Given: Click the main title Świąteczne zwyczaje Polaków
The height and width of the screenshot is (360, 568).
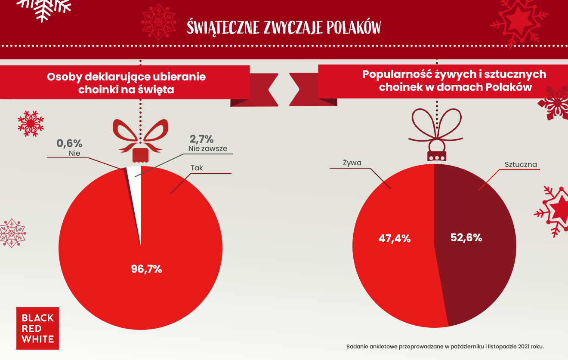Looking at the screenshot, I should [x=284, y=27].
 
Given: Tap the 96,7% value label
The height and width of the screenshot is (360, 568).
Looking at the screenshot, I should [x=146, y=269].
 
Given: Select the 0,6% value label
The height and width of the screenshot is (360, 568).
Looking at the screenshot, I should [x=69, y=143].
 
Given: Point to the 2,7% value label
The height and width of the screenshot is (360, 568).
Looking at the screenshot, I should [x=202, y=139].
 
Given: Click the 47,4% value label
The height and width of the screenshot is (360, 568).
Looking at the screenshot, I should [x=394, y=238].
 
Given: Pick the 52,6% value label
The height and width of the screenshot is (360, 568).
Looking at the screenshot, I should [x=466, y=237].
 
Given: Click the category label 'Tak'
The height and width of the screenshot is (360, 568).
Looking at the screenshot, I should [x=197, y=168].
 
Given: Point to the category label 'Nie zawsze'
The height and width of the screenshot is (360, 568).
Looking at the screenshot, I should [x=208, y=149].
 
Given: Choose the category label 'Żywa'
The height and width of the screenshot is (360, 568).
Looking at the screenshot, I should [x=352, y=163].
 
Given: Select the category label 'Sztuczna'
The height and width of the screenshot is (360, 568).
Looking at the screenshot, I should [x=521, y=164].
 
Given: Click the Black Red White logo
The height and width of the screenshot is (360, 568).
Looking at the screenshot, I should [x=37, y=328].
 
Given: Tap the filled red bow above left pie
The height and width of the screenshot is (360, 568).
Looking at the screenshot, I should [x=140, y=137].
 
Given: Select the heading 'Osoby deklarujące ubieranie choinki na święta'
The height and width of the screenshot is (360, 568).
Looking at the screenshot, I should [x=126, y=83].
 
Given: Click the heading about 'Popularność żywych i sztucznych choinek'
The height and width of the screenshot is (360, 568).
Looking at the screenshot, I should [x=454, y=80].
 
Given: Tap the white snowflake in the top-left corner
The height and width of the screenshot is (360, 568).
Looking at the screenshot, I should [x=44, y=8].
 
